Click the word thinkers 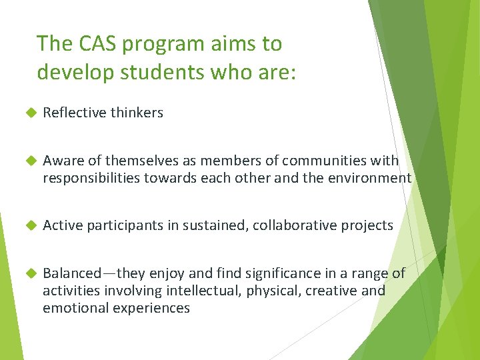137,113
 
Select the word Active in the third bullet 61,225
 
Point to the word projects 367,225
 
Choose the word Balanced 72,273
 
